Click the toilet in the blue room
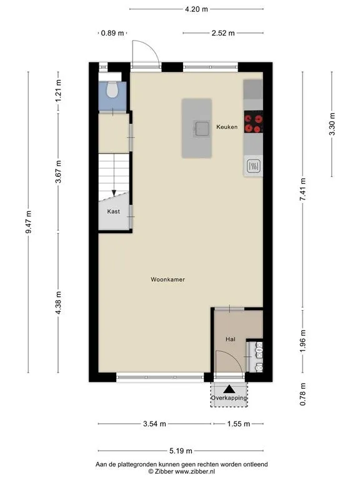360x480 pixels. click(x=112, y=89)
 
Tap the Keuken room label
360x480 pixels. click(x=227, y=127)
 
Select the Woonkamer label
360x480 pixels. click(x=167, y=279)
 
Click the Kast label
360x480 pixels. click(x=114, y=211)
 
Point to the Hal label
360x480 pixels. click(x=231, y=339)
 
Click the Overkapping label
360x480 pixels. click(x=229, y=398)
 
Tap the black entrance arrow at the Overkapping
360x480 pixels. click(x=229, y=389)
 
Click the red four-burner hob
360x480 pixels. click(x=254, y=121)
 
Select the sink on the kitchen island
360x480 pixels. click(x=202, y=129)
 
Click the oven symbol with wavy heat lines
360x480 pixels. click(x=254, y=166)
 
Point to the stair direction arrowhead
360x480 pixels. click(x=114, y=193)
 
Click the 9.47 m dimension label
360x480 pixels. click(x=29, y=222)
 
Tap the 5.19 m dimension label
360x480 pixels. click(x=181, y=451)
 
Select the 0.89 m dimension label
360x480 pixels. click(x=112, y=33)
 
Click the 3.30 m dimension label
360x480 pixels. click(x=332, y=124)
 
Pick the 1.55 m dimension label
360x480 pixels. click(x=239, y=424)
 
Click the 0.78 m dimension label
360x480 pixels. click(x=302, y=394)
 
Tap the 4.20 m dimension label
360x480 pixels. click(x=196, y=9)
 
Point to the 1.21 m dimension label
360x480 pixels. click(x=58, y=91)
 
